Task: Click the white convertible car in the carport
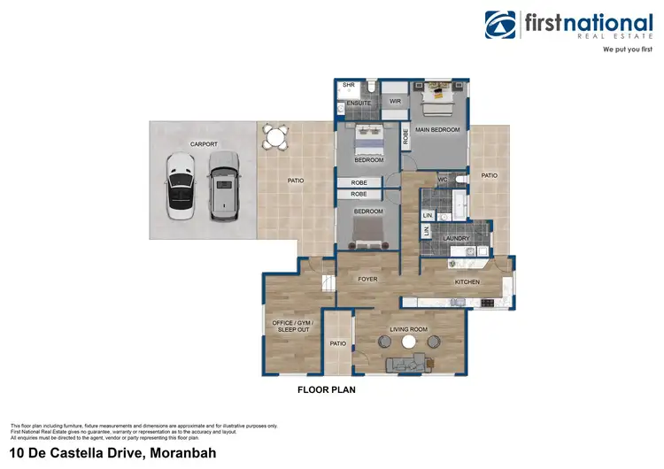180,185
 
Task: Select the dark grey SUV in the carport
223,185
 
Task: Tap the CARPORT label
204,143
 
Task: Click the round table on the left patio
276,138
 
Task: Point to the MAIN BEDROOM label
439,130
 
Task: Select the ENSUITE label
359,104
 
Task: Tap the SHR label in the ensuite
349,86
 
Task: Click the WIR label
396,101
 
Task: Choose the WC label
443,181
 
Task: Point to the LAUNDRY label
456,237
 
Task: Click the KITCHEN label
467,282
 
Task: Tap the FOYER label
367,280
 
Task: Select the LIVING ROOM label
409,329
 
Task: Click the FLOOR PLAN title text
326,388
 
